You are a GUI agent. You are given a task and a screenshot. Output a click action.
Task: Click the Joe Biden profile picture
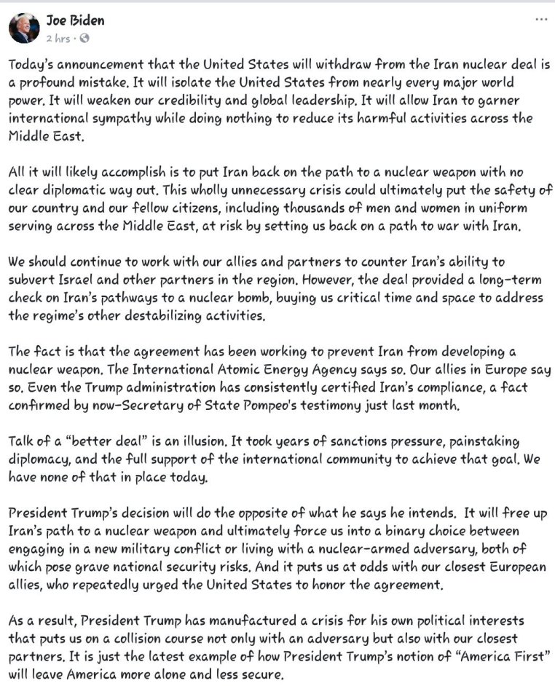click(x=24, y=28)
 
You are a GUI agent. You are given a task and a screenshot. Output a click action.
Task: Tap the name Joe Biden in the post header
click(x=76, y=20)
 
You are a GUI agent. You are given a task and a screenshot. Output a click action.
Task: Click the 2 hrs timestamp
click(x=59, y=37)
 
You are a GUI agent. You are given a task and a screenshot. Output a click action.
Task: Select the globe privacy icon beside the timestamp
click(x=84, y=37)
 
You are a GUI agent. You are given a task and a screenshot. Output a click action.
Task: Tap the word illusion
click(x=225, y=441)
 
